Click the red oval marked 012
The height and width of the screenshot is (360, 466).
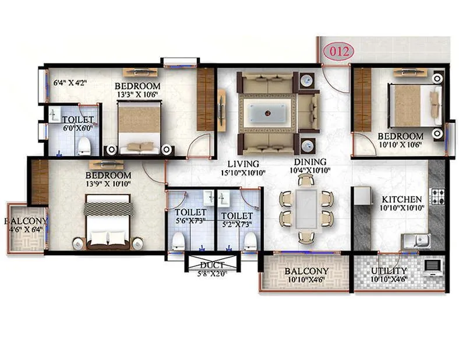coord(338,51)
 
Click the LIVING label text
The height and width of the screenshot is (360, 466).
coord(243,164)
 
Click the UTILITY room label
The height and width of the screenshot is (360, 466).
coord(389,271)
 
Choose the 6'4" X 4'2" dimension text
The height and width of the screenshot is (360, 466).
coord(70,83)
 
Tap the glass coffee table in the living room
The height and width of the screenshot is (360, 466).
coord(267,111)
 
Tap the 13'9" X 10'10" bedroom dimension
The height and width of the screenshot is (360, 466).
coord(108,185)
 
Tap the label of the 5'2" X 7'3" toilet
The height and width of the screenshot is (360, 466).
coord(236,216)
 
